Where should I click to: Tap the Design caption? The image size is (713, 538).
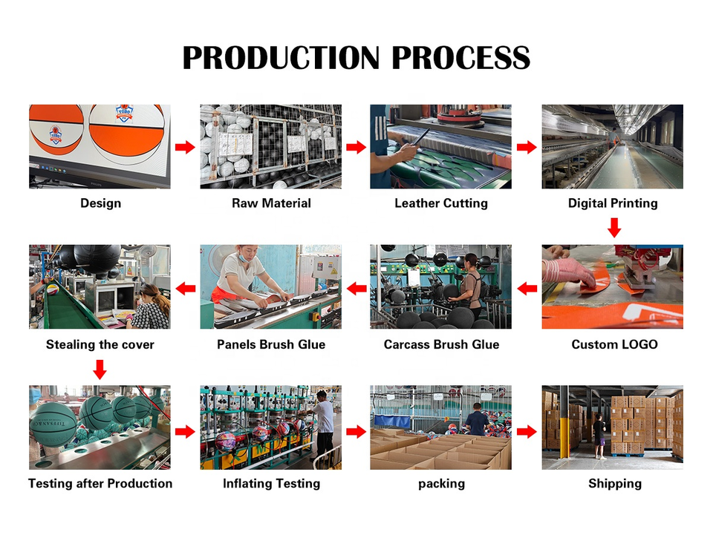click(x=100, y=203)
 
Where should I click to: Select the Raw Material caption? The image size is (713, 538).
click(x=271, y=203)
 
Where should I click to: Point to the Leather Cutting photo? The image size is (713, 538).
click(x=441, y=146)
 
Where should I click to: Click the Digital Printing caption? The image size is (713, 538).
click(x=613, y=203)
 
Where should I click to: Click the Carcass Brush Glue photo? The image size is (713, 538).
click(x=441, y=287)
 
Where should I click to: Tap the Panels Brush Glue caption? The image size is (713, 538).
click(x=271, y=344)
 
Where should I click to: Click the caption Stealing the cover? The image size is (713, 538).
click(x=100, y=344)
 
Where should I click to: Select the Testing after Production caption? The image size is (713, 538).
click(x=100, y=484)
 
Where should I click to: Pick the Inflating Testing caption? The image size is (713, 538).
click(x=271, y=484)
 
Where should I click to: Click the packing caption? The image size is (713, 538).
click(x=441, y=484)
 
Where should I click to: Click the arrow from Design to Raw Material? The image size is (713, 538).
click(x=185, y=147)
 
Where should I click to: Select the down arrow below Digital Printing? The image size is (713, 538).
click(x=613, y=227)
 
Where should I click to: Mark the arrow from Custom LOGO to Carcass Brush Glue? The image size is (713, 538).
click(x=527, y=288)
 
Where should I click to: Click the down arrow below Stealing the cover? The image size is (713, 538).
click(x=100, y=369)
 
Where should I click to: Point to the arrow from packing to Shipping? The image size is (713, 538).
click(x=527, y=431)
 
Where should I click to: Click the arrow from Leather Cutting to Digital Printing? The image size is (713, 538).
click(x=527, y=147)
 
